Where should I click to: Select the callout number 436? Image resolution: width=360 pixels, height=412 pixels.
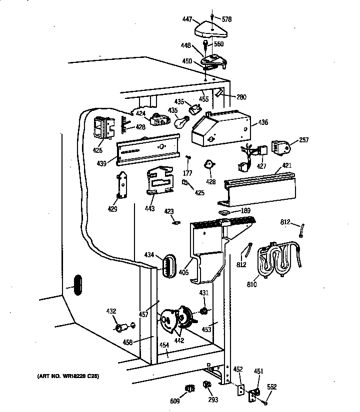tap(263, 122)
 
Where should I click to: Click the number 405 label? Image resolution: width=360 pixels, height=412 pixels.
tap(183, 273)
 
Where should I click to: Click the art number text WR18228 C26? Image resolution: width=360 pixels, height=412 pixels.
tap(67, 376)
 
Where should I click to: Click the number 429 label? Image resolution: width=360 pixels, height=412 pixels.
tap(112, 209)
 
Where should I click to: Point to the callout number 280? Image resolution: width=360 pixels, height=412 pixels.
tap(241, 97)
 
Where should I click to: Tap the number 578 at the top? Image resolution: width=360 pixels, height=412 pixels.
tap(227, 19)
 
